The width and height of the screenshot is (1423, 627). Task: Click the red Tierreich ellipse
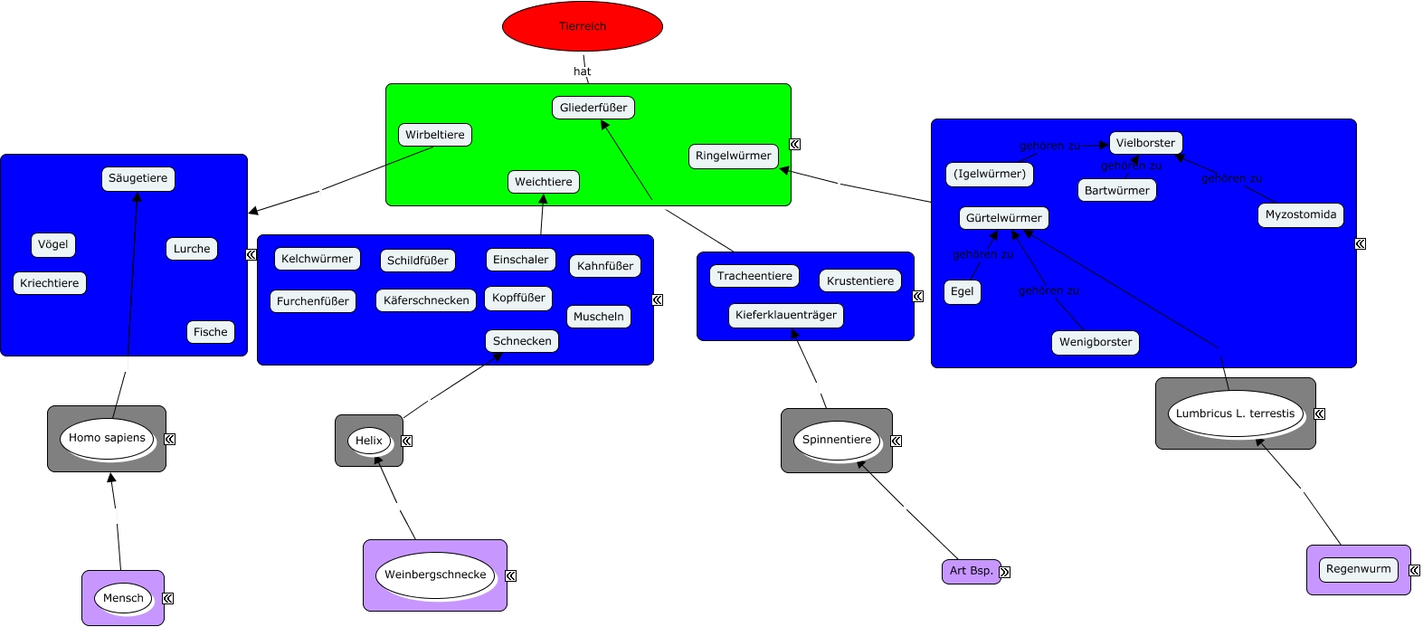[x=583, y=26]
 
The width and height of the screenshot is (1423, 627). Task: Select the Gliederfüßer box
[x=593, y=108]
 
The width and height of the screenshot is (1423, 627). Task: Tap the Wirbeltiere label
[x=435, y=135]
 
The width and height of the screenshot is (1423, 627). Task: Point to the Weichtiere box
[x=544, y=182]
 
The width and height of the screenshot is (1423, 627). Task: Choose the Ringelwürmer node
[x=734, y=156]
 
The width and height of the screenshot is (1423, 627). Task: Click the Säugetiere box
[x=138, y=178]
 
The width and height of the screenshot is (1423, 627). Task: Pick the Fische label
[x=211, y=332]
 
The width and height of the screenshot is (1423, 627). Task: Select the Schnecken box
[x=522, y=341]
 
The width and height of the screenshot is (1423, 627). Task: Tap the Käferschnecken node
[x=426, y=300]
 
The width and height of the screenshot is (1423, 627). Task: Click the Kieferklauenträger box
[x=786, y=315]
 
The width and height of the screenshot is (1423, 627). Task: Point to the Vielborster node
[x=1145, y=143]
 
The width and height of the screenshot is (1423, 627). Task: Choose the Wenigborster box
[x=1096, y=342]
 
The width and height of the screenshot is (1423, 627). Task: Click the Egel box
[x=963, y=291]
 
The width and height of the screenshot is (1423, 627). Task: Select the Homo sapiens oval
[x=107, y=438]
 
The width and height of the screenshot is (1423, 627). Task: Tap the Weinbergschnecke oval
[x=435, y=575]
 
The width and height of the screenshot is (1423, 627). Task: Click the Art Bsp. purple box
[x=971, y=571]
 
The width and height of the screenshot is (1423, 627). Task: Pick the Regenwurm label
[x=1359, y=569]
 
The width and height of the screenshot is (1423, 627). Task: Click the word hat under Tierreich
[x=583, y=71]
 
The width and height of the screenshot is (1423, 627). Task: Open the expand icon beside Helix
[x=407, y=441]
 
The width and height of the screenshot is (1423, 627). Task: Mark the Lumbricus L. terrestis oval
[x=1236, y=413]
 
